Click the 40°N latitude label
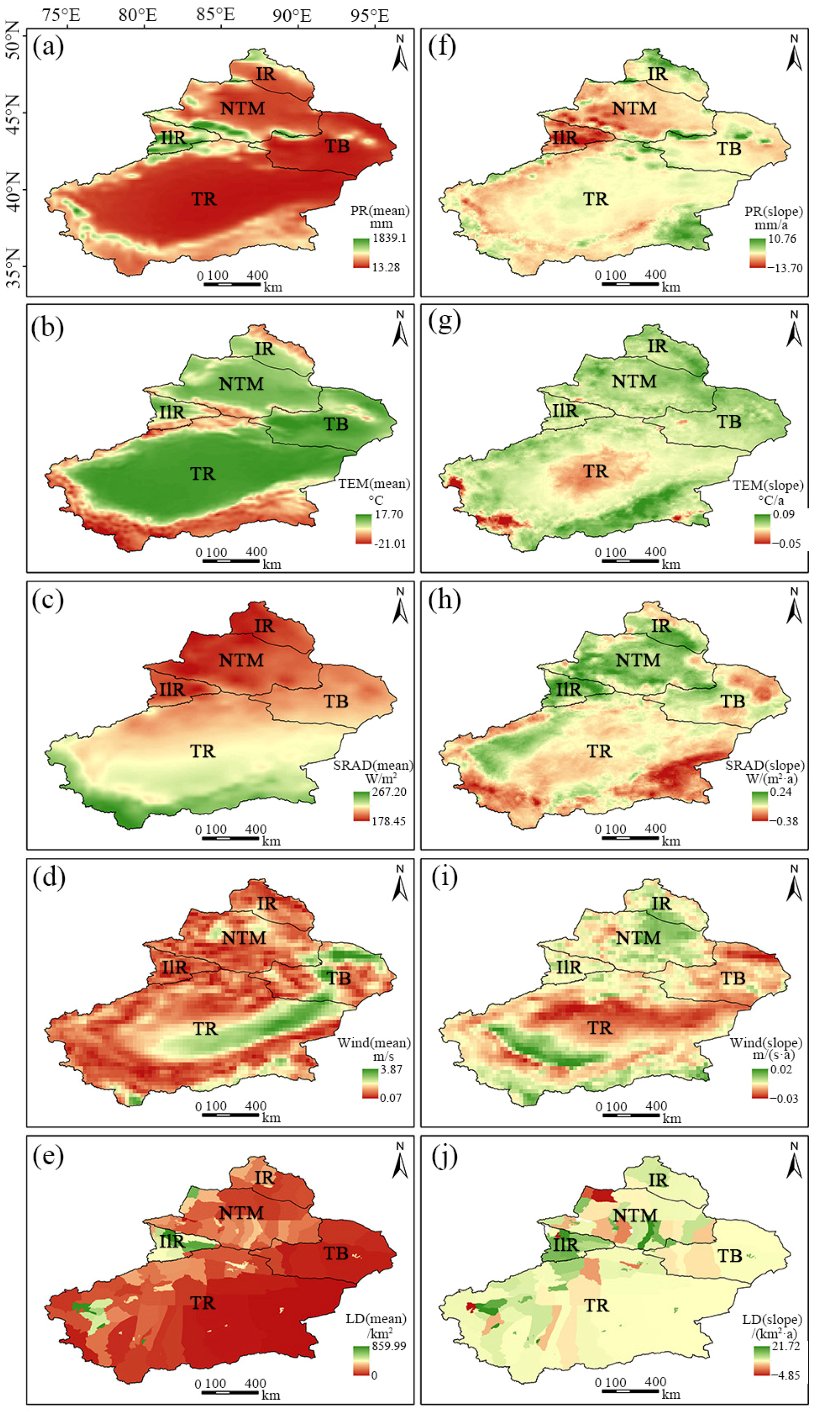[x=14, y=190]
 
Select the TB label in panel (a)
[x=337, y=146]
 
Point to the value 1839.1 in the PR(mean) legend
[x=390, y=238]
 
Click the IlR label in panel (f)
[x=564, y=137]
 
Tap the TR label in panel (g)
[x=595, y=472]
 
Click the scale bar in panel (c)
[x=230, y=838]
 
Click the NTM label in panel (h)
[x=638, y=660]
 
